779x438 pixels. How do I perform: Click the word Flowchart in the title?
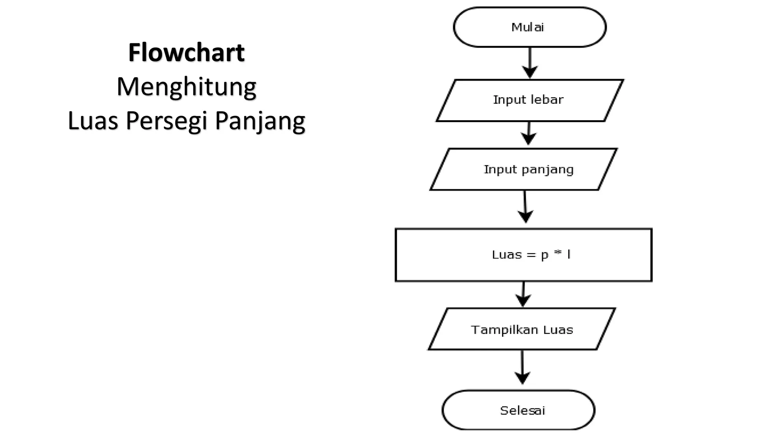pyautogui.click(x=186, y=52)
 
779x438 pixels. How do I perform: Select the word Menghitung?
pyautogui.click(x=186, y=87)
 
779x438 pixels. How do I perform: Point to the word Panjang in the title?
pyautogui.click(x=260, y=121)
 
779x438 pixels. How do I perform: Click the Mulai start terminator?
pyautogui.click(x=529, y=27)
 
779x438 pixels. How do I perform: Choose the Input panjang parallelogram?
pyautogui.click(x=523, y=169)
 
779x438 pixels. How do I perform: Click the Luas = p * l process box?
pyautogui.click(x=523, y=255)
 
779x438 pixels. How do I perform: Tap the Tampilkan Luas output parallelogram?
pyautogui.click(x=521, y=329)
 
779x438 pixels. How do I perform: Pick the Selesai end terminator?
pyautogui.click(x=518, y=410)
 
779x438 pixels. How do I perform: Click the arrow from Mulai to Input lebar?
pyautogui.click(x=529, y=63)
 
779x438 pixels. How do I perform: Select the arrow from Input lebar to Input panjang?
pyautogui.click(x=528, y=133)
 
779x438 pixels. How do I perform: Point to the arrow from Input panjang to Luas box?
pyautogui.click(x=525, y=207)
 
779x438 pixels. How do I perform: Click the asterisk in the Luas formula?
pyautogui.click(x=558, y=253)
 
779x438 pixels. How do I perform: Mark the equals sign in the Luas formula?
pyautogui.click(x=531, y=255)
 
